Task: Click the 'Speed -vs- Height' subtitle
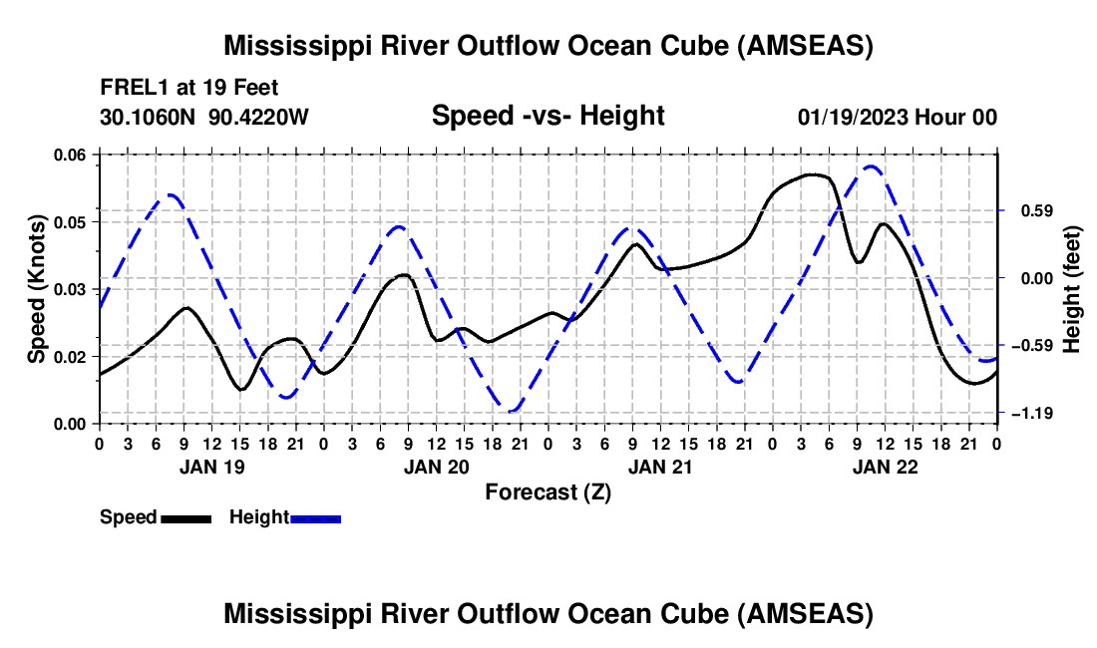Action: coord(548,117)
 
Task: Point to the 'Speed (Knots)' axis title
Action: coord(37,289)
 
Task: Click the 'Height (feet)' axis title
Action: coord(1072,289)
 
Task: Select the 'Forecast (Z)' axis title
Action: coord(548,491)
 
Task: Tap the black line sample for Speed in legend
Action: coord(185,517)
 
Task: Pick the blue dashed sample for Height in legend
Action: coord(316,517)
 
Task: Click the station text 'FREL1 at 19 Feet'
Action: coord(187,87)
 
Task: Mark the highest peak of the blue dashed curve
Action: coord(872,166)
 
